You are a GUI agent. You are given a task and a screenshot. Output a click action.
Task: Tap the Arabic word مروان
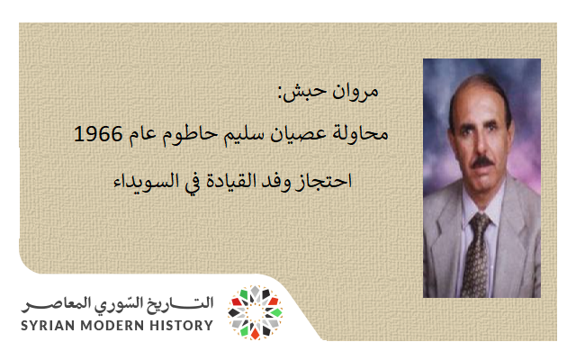[384, 92]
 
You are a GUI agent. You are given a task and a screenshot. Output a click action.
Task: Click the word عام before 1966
[143, 137]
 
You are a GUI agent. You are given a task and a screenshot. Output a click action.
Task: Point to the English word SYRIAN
[51, 325]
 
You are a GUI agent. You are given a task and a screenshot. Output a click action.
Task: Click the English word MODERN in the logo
[115, 325]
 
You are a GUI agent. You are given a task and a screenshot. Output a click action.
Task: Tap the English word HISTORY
[181, 325]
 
